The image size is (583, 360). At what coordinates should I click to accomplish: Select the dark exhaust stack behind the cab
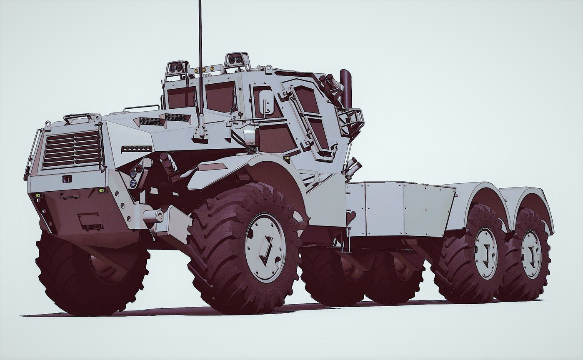[x=345, y=88]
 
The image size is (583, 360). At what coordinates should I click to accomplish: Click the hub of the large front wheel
[x=265, y=247]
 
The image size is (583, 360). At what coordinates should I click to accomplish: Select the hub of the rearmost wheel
[x=531, y=254]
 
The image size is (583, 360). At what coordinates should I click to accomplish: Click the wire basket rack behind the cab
[x=351, y=121]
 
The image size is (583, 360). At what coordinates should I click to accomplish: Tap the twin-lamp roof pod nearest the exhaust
[x=236, y=61]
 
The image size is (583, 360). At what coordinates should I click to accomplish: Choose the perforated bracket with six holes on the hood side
[x=136, y=148]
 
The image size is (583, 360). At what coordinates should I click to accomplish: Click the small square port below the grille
[x=67, y=179]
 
